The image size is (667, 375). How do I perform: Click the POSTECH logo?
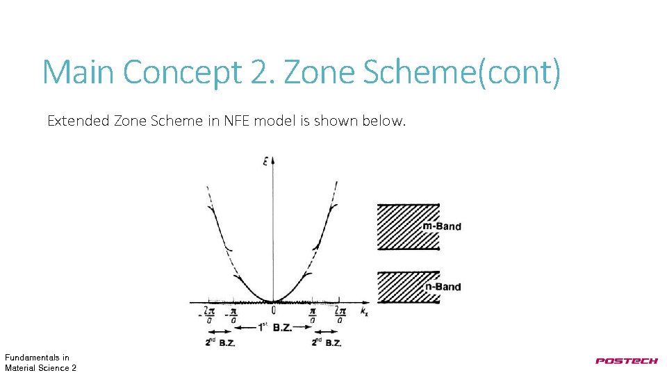(x=626, y=360)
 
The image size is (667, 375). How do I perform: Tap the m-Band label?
(x=442, y=226)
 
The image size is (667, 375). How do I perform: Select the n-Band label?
(x=443, y=286)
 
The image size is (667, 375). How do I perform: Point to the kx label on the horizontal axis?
(x=363, y=312)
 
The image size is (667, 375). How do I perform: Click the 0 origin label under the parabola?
(x=274, y=310)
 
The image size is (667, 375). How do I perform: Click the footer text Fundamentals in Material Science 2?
(x=40, y=362)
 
